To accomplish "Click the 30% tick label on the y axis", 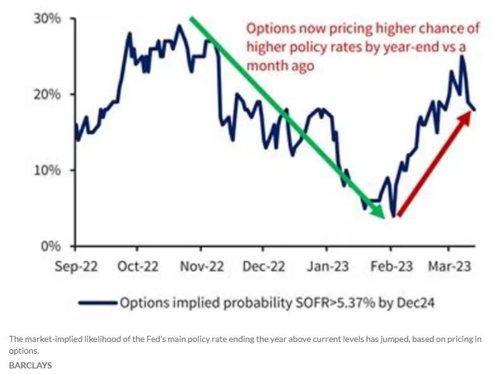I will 47,18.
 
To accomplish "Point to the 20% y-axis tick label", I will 47,94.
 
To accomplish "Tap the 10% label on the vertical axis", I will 47,170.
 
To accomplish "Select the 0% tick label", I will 50,246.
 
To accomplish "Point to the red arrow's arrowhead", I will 469,113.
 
